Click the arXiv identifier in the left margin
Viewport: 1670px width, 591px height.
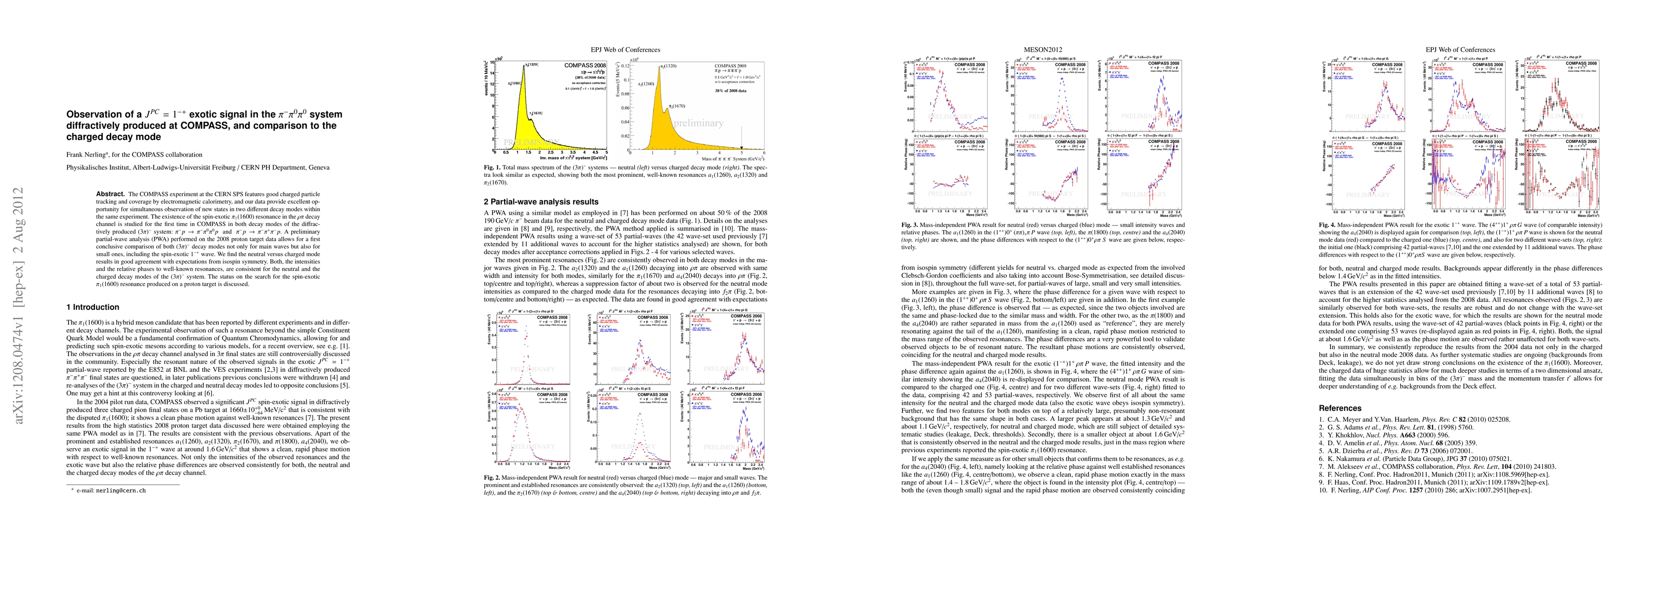(18, 305)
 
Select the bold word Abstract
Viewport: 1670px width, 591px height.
(110, 194)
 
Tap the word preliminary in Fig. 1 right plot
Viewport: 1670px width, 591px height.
(698, 123)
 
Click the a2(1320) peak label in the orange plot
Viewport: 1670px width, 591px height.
(669, 66)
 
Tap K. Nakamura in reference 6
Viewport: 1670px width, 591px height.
(1349, 459)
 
